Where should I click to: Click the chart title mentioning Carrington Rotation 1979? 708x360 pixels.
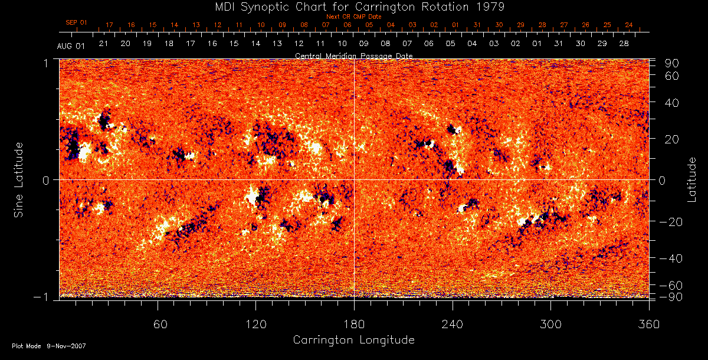coord(354,6)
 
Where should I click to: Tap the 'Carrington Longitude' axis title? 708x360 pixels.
coord(353,340)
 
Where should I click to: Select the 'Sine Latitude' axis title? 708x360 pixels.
coord(19,179)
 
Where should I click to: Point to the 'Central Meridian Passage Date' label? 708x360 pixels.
coord(353,55)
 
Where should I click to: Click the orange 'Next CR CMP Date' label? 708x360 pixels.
coord(353,17)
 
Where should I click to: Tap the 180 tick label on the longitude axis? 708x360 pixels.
coord(354,324)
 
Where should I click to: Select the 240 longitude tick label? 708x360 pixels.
coord(453,324)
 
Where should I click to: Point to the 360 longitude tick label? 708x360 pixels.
coord(649,324)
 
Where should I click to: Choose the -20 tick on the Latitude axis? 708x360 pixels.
coord(670,221)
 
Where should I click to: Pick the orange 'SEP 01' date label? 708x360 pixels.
coord(76,22)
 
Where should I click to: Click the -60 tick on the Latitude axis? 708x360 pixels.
coord(670,285)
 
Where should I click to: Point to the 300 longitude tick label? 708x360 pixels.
coord(550,324)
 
